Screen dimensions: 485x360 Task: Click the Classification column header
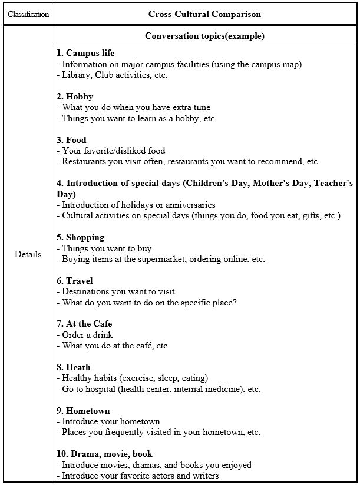click(28, 14)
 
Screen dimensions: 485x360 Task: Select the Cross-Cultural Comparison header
click(204, 14)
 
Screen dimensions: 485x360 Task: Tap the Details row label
click(28, 254)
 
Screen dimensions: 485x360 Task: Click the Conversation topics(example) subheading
click(204, 36)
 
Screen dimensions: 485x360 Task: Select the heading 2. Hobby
click(75, 97)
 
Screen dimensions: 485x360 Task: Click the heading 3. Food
click(72, 140)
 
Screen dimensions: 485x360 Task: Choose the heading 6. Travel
click(75, 281)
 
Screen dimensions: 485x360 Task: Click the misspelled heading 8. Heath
click(74, 367)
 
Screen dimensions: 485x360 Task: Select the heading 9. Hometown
click(83, 411)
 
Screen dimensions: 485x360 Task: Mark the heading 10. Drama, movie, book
click(105, 454)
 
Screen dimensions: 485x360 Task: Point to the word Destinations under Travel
click(85, 291)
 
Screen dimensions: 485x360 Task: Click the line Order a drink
click(87, 335)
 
